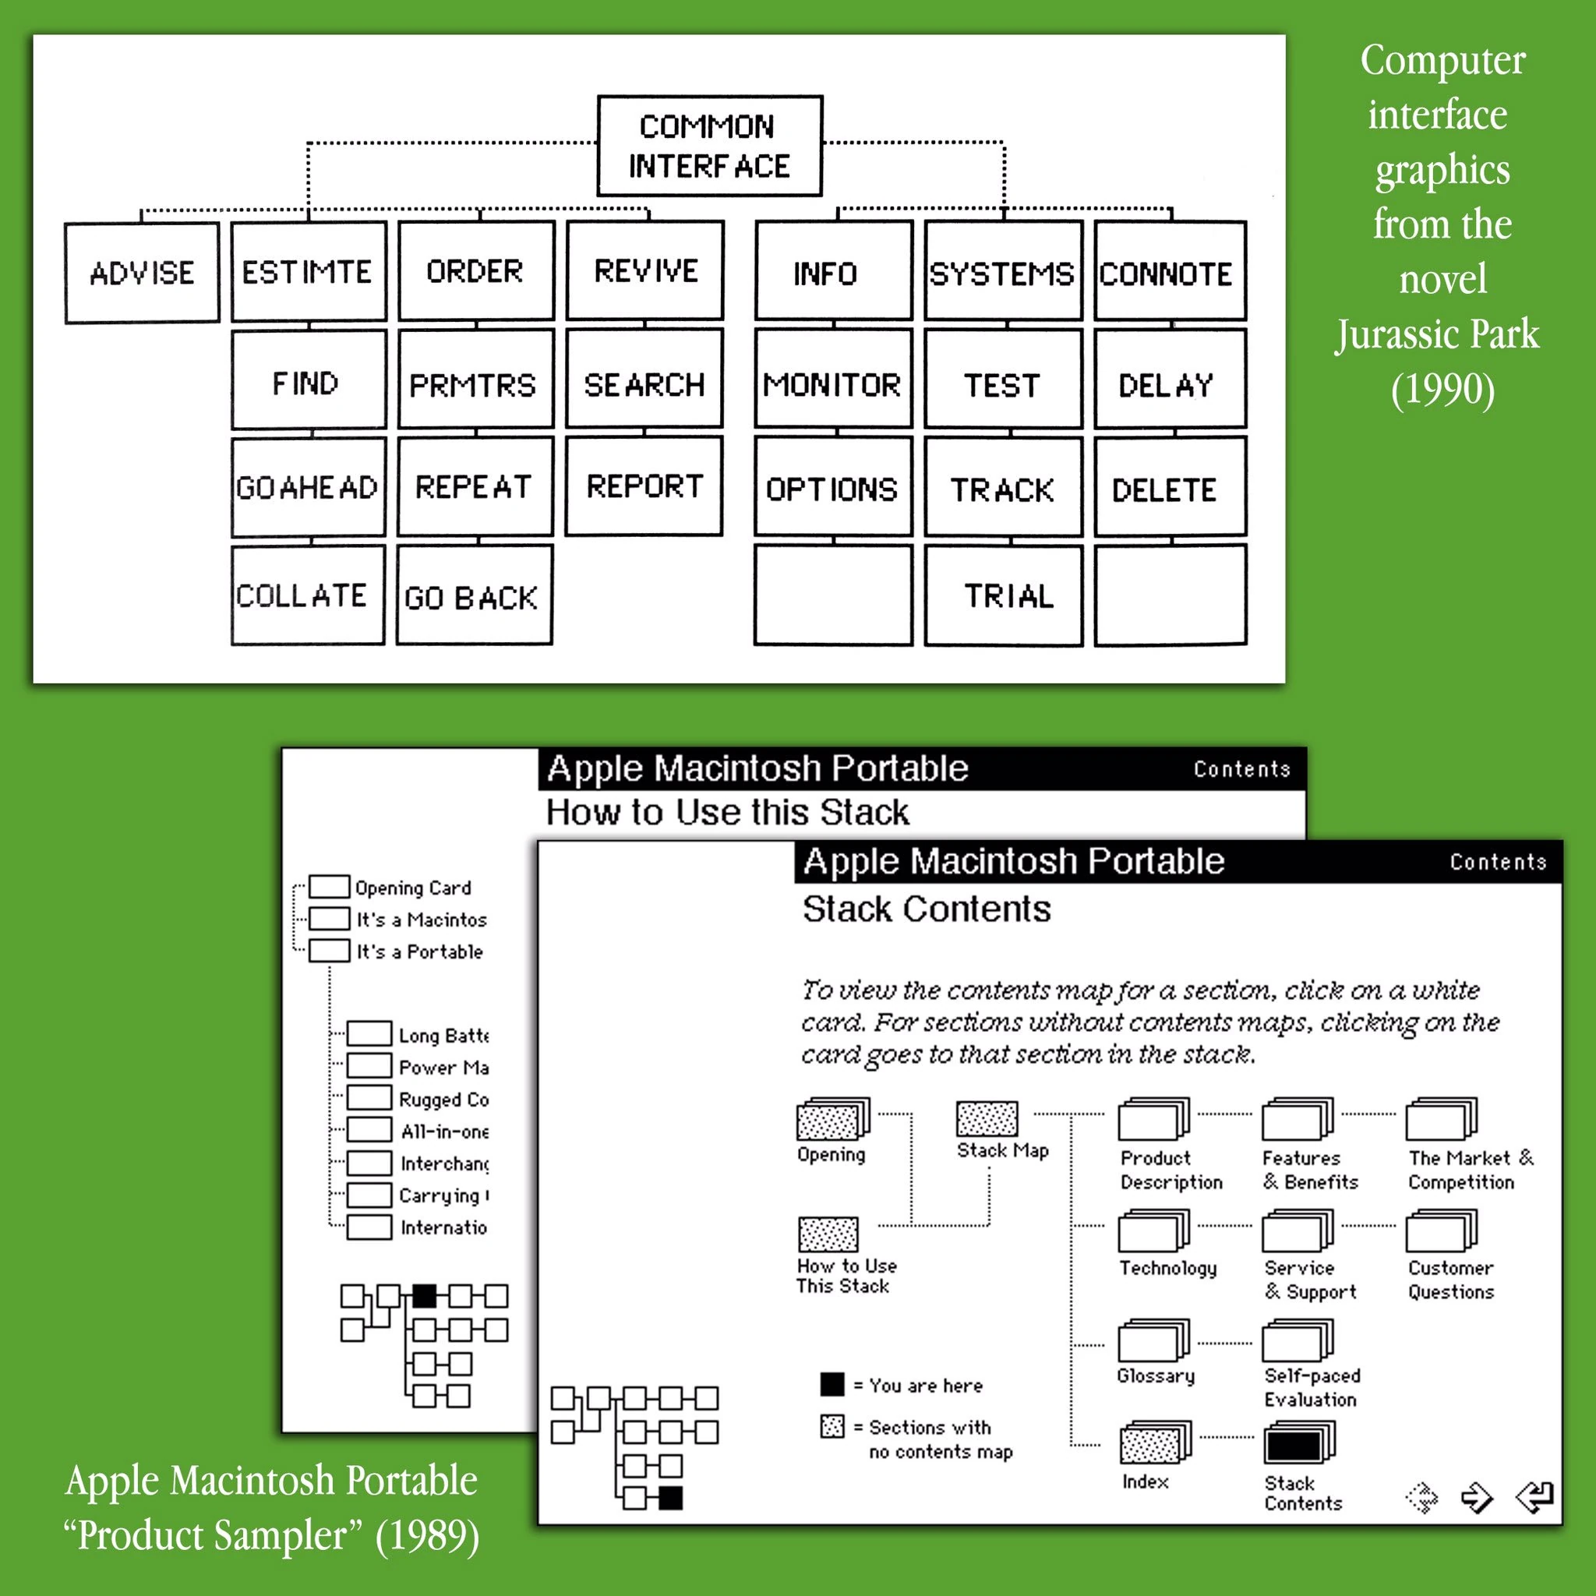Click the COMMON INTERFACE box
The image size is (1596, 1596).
pyautogui.click(x=709, y=146)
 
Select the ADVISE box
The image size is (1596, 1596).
pyautogui.click(x=142, y=273)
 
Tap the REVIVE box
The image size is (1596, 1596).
pyautogui.click(x=645, y=270)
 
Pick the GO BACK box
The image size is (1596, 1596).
pyautogui.click(x=473, y=595)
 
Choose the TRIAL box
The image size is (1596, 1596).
pyautogui.click(x=1003, y=595)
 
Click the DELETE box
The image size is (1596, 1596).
pyautogui.click(x=1170, y=488)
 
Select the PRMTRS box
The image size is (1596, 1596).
pyautogui.click(x=475, y=383)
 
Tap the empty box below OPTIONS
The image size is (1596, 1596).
pyautogui.click(x=833, y=595)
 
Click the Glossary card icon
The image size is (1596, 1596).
pyautogui.click(x=1153, y=1340)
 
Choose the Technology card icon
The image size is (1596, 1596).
pyautogui.click(x=1153, y=1231)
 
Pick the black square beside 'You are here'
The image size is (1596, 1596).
pyautogui.click(x=832, y=1385)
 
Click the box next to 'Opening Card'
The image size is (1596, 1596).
pyautogui.click(x=329, y=886)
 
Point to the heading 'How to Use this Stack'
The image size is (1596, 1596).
pyautogui.click(x=727, y=812)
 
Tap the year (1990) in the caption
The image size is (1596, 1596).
pyautogui.click(x=1442, y=389)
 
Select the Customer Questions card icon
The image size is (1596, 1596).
pyautogui.click(x=1442, y=1231)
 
